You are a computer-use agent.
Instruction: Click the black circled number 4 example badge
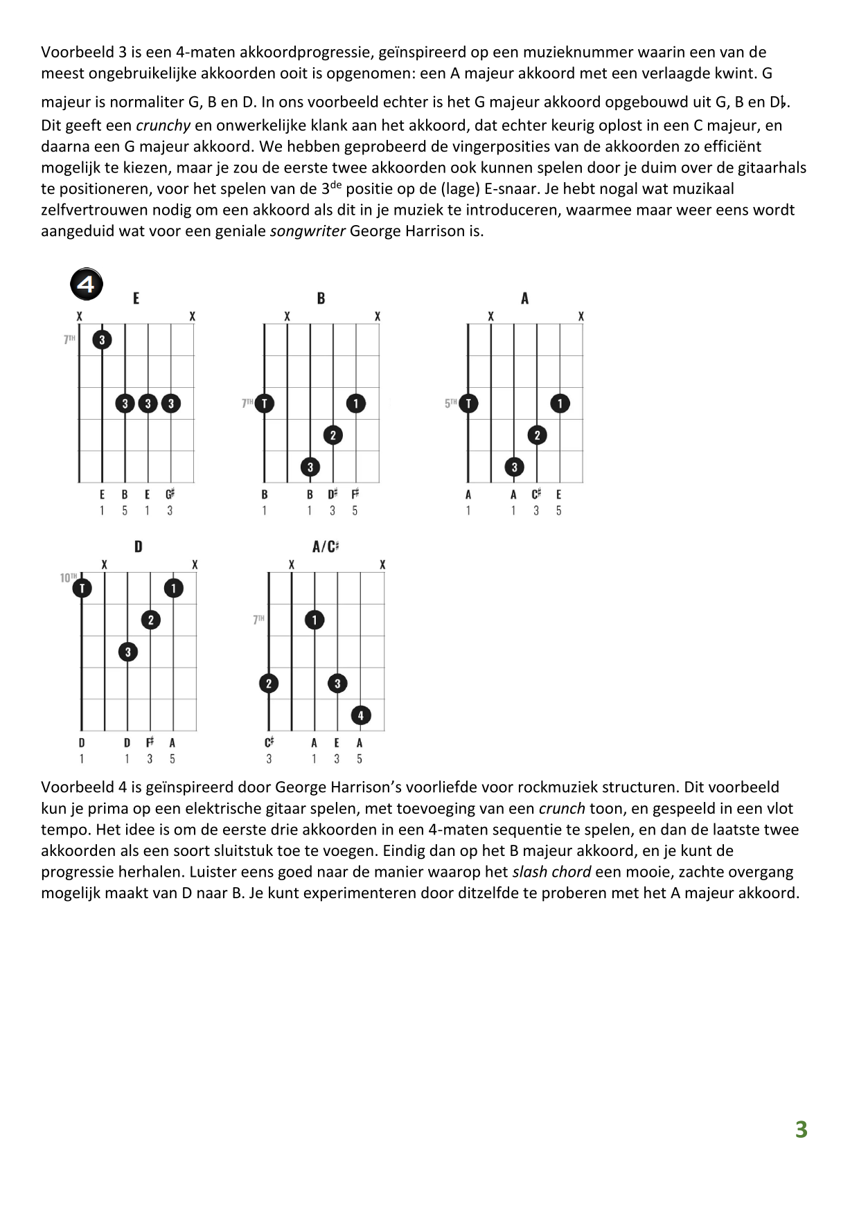87,284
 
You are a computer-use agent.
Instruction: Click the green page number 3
801,1130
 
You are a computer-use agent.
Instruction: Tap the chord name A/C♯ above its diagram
325,546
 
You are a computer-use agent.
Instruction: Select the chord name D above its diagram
138,546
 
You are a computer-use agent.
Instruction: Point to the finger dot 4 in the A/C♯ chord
360,715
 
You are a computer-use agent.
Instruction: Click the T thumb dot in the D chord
82,588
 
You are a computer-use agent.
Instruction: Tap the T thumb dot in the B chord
264,403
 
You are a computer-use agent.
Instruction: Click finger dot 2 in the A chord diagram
537,435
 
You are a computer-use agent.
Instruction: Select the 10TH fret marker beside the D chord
68,578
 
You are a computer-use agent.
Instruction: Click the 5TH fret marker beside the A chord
451,402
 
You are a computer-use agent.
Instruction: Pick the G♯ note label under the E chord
170,494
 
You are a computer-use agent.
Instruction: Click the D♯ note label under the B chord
333,494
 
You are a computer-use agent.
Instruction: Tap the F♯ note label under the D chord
150,742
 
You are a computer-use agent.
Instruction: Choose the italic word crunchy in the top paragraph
163,125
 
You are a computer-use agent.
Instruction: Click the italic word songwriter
307,231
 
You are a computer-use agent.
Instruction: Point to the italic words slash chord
551,872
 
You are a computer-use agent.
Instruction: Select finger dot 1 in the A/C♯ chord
315,620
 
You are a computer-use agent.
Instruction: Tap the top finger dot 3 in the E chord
102,339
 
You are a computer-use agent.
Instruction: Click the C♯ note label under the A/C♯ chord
269,742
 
